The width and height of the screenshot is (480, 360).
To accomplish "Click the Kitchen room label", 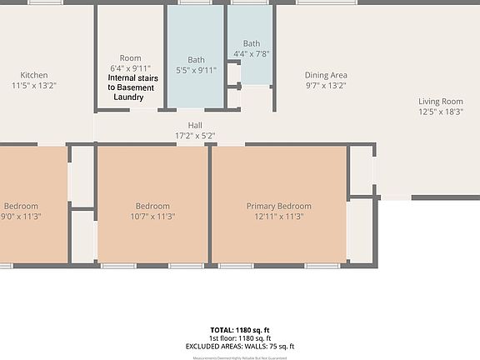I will pyautogui.click(x=34, y=75).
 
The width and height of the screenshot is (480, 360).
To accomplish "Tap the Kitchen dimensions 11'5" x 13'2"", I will pyautogui.click(x=34, y=85).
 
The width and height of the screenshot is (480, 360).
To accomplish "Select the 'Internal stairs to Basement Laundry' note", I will pyautogui.click(x=131, y=87).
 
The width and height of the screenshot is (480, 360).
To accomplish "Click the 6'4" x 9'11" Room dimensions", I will pyautogui.click(x=131, y=68).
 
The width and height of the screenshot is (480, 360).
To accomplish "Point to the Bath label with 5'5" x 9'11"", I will pyautogui.click(x=196, y=60).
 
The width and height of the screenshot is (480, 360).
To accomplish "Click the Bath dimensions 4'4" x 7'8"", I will pyautogui.click(x=252, y=53).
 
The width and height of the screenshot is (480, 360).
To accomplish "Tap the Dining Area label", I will pyautogui.click(x=326, y=75).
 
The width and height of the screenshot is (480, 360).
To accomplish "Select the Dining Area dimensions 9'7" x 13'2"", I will pyautogui.click(x=326, y=85).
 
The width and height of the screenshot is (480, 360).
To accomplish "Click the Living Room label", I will pyautogui.click(x=441, y=101).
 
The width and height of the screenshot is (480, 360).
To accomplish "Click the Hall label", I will pyautogui.click(x=195, y=126).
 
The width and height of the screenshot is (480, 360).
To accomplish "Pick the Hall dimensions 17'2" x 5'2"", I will pyautogui.click(x=195, y=135).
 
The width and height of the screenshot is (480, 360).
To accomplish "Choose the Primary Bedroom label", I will pyautogui.click(x=278, y=206).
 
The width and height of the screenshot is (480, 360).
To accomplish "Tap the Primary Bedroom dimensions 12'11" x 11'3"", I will pyautogui.click(x=278, y=216).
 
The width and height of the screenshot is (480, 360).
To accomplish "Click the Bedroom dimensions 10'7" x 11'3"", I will pyautogui.click(x=152, y=216).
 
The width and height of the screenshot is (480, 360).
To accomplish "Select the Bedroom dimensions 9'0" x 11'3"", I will pyautogui.click(x=20, y=216).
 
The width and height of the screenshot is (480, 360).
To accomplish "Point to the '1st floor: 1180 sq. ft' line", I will pyautogui.click(x=240, y=338).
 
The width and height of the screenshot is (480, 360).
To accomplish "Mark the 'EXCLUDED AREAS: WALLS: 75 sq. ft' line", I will pyautogui.click(x=240, y=346).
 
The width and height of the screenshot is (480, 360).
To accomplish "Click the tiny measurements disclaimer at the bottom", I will pyautogui.click(x=240, y=357).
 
